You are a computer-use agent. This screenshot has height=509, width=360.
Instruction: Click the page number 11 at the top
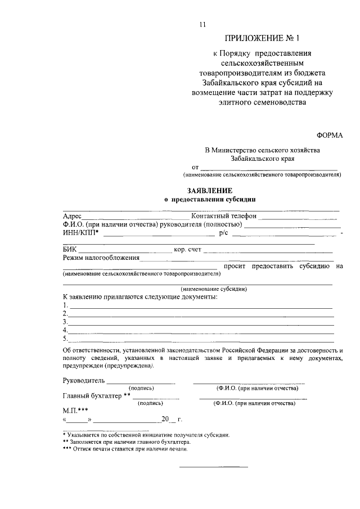[x=203, y=24]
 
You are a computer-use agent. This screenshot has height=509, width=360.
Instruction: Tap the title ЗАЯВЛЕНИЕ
[x=209, y=191]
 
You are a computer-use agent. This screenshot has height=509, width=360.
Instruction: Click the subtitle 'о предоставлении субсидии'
[x=209, y=199]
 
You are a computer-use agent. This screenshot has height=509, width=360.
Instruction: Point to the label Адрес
[x=72, y=216]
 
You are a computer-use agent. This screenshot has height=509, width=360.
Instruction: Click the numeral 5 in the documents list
[x=65, y=339]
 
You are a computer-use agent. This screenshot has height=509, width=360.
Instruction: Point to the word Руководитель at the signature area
[x=84, y=381]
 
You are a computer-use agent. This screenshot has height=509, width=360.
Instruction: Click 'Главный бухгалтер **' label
[x=96, y=396]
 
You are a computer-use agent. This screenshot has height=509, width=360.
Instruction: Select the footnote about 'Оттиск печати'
[x=124, y=449]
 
